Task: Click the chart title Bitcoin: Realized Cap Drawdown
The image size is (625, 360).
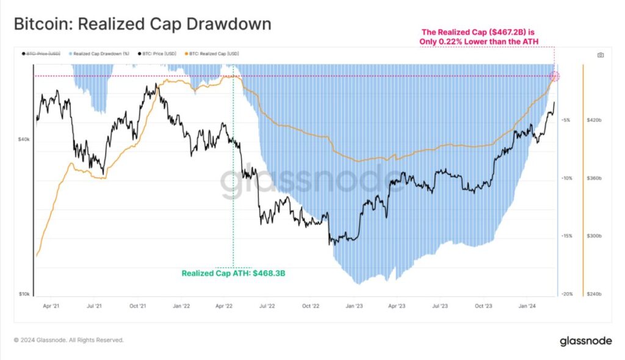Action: (x=142, y=24)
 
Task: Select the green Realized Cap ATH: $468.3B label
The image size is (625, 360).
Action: (x=234, y=273)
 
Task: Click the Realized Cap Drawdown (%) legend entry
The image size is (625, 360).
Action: (x=99, y=54)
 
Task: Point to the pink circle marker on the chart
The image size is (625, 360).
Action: (x=555, y=76)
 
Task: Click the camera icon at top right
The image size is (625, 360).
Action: (x=601, y=55)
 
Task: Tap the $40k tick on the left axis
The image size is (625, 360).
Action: (x=24, y=140)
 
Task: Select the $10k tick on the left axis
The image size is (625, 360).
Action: (x=24, y=294)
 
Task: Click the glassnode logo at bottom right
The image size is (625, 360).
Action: (x=586, y=342)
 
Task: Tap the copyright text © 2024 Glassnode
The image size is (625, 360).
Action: (x=69, y=340)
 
